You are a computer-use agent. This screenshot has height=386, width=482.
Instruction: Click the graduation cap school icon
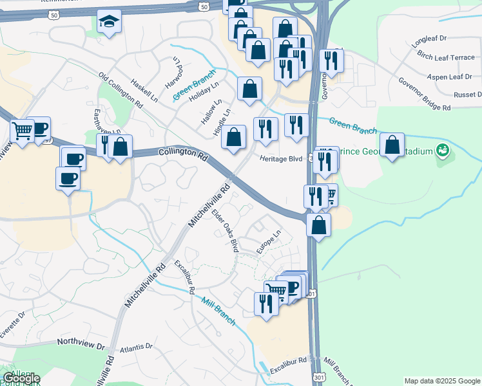pos(109,23)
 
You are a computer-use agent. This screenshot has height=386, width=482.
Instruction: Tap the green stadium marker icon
pos(442,151)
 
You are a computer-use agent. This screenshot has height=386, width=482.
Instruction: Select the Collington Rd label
pos(183,155)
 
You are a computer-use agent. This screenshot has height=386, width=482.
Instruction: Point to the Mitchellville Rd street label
pos(209,206)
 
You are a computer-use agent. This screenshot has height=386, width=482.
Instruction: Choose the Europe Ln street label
pos(269,243)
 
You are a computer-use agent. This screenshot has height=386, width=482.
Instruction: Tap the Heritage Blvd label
pos(281,158)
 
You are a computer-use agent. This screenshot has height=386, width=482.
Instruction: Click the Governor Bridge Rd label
pos(424,95)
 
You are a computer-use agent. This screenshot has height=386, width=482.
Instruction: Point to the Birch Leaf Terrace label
pos(446,57)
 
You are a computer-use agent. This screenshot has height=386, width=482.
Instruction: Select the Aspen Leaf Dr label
pos(450,77)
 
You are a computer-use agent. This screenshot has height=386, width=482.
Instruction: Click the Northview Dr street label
pos(81,345)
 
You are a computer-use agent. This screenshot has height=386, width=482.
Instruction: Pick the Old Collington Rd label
pos(120,90)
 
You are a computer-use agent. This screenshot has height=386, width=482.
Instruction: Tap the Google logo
pos(21,378)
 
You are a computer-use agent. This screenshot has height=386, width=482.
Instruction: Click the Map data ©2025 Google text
pos(441,381)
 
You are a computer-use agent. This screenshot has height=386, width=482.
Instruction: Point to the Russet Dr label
pos(468,95)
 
